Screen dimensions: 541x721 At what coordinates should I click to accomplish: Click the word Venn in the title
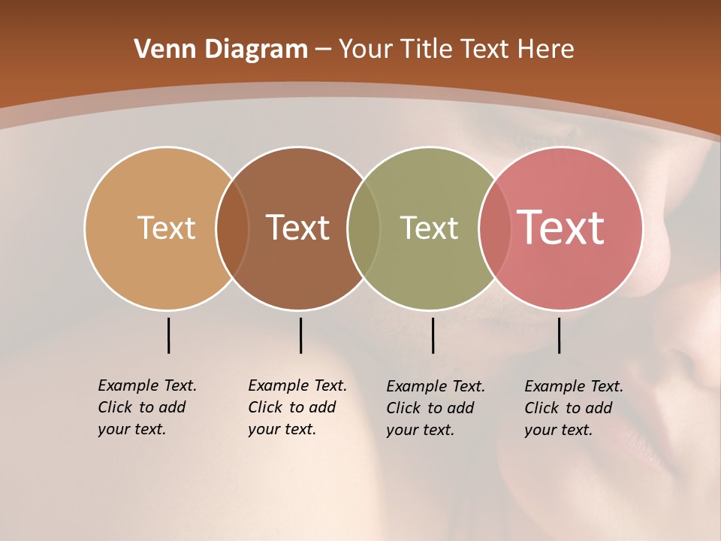pyautogui.click(x=161, y=50)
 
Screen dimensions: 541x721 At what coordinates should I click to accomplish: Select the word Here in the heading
pyautogui.click(x=546, y=50)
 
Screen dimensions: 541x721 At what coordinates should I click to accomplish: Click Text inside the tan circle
pyautogui.click(x=166, y=228)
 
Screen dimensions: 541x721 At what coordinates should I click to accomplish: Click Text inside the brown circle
pyautogui.click(x=298, y=228)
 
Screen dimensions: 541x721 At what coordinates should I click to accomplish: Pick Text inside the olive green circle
pyautogui.click(x=429, y=228)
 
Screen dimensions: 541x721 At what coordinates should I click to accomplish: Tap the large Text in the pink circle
pyautogui.click(x=561, y=228)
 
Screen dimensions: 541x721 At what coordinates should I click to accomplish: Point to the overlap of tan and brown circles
pyautogui.click(x=233, y=228)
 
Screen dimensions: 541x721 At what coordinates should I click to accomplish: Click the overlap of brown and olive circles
pyautogui.click(x=364, y=228)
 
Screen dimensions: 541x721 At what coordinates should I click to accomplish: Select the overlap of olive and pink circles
pyautogui.click(x=495, y=228)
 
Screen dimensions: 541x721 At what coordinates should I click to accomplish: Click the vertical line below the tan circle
pyautogui.click(x=168, y=335)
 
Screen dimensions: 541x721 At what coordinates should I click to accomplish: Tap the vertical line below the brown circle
pyautogui.click(x=300, y=335)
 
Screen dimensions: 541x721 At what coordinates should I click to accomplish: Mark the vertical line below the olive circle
pyautogui.click(x=433, y=335)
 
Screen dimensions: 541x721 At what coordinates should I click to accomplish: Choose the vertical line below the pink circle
pyautogui.click(x=559, y=335)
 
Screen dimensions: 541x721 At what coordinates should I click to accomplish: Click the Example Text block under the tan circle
pyautogui.click(x=146, y=407)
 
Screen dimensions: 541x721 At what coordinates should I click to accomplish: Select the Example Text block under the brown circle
pyautogui.click(x=297, y=407)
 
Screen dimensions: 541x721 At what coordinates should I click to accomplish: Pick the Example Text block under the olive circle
pyautogui.click(x=435, y=408)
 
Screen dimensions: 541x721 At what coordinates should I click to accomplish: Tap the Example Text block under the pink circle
pyautogui.click(x=573, y=408)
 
